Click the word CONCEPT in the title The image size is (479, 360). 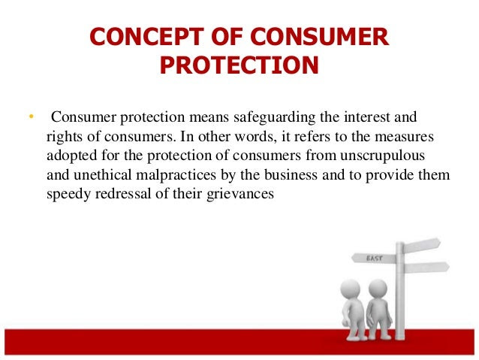click(x=146, y=36)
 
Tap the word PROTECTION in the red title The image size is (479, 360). click(x=239, y=65)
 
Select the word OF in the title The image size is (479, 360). click(x=227, y=36)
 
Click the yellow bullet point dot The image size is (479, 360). click(x=31, y=116)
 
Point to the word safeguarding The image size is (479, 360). click(x=274, y=118)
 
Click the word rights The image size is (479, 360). click(x=64, y=137)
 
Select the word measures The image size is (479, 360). click(x=404, y=137)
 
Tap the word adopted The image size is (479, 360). click(x=72, y=156)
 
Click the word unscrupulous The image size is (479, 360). click(x=382, y=156)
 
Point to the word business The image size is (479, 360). click(x=291, y=175)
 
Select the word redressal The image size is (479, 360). click(x=123, y=194)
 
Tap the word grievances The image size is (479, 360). click(x=240, y=195)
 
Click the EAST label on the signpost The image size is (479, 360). click(x=374, y=259)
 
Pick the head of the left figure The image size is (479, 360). click(x=350, y=289)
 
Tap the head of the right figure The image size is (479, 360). click(x=378, y=289)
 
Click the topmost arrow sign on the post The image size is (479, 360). click(x=422, y=245)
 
